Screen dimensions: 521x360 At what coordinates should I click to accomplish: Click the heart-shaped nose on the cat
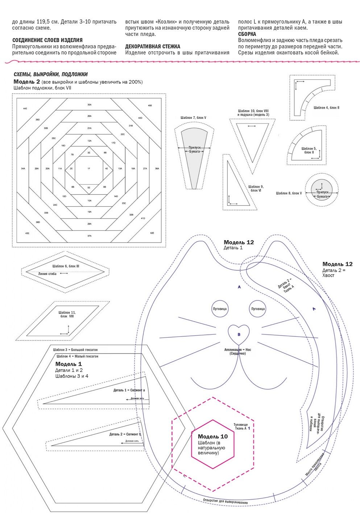pos(239,333)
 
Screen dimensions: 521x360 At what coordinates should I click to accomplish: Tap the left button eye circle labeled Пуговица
pos(220,309)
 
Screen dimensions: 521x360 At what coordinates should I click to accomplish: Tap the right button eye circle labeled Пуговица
pos(258,309)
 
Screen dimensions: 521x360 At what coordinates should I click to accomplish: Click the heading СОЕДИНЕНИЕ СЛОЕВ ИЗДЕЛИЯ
pos(47,40)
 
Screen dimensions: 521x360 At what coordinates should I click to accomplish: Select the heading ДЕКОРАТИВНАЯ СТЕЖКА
pos(153,46)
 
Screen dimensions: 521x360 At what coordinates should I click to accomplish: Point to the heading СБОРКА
pos(247,34)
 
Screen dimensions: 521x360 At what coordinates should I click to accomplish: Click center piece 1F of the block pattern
pos(89,168)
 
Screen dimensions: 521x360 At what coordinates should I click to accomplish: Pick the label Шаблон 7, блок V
pos(193,118)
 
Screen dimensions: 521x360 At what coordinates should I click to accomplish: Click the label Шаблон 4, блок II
pos(326,108)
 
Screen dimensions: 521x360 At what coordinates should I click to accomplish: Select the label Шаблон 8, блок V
pos(289,193)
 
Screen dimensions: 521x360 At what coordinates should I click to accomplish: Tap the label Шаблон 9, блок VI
pos(256,188)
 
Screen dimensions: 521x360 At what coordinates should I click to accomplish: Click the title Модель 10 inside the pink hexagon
pos(213,437)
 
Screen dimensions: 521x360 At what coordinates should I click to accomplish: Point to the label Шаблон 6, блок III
pos(66,266)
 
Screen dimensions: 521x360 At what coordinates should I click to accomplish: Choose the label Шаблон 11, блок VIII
pos(67,314)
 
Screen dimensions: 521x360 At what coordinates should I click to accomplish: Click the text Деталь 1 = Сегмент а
pos(129,390)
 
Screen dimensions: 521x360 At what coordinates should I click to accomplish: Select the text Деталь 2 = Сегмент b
pos(125,434)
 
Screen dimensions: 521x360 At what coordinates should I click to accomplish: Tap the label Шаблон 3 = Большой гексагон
pos(75,350)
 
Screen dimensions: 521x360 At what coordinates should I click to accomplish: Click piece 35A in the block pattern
pos(89,105)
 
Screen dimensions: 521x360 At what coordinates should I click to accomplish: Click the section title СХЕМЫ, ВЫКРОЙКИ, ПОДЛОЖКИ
pos(50,74)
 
